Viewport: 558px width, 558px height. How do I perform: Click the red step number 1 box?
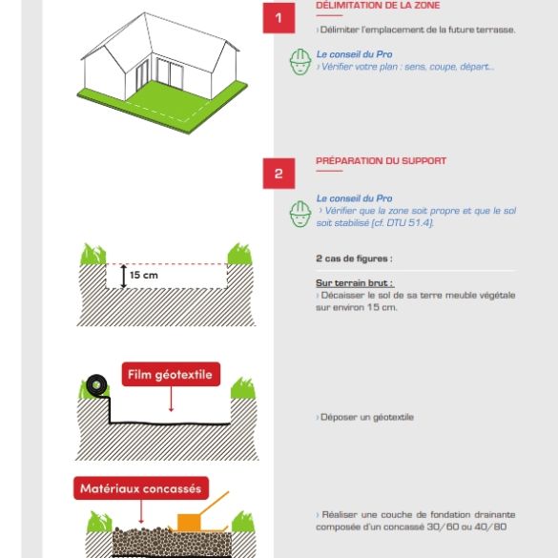click(x=279, y=18)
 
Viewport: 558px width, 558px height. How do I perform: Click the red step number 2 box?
click(x=279, y=174)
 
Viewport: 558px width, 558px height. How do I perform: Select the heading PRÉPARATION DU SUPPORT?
click(x=381, y=161)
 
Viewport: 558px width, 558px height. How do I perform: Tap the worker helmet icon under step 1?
click(x=300, y=61)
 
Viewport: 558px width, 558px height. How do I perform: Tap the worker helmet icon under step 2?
click(x=300, y=213)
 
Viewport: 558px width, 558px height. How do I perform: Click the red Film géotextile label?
click(x=171, y=375)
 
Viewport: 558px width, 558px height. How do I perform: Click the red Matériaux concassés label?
click(x=140, y=489)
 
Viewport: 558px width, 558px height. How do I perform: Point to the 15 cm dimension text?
click(x=144, y=276)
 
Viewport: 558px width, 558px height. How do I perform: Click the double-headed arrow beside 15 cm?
click(x=123, y=276)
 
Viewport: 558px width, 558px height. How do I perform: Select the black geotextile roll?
click(x=95, y=385)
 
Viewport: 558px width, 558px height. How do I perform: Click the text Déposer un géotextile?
click(x=367, y=418)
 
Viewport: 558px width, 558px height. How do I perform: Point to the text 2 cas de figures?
click(x=354, y=258)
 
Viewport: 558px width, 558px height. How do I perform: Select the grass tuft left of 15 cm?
click(x=92, y=255)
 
